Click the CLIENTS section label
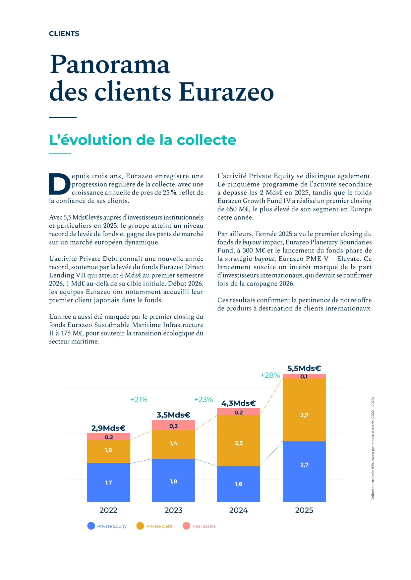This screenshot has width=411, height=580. (64, 34)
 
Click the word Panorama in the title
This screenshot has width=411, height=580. (110, 64)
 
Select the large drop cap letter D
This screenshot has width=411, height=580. (60, 184)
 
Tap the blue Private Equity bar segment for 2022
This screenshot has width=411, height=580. (108, 482)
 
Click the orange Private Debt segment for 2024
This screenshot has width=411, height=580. (239, 440)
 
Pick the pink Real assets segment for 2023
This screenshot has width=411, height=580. (173, 425)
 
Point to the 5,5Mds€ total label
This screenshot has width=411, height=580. (304, 368)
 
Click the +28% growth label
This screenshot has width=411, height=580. (270, 375)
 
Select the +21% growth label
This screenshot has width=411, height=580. (139, 399)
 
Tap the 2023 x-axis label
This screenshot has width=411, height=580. (173, 510)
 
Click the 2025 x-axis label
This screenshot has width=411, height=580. (304, 510)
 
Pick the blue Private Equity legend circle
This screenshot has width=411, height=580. (91, 526)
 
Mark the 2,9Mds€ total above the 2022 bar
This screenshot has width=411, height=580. (108, 428)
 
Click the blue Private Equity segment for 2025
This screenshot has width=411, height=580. (304, 471)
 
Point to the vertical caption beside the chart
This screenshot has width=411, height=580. (373, 449)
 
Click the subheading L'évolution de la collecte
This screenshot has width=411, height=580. (143, 140)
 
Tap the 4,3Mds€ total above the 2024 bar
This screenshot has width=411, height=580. (239, 403)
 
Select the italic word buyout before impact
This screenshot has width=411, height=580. (252, 242)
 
